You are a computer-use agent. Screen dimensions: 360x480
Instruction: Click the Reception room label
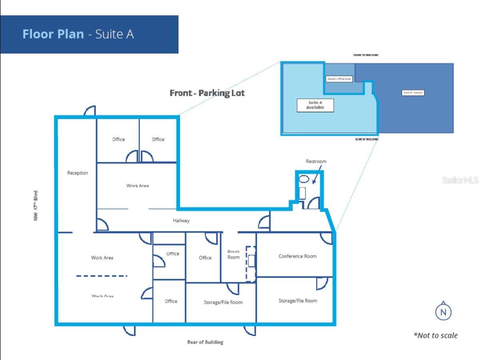78,173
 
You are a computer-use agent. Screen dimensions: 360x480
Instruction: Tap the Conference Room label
297,256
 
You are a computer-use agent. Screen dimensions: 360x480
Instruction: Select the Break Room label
234,255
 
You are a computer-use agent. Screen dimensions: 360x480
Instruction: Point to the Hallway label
181,220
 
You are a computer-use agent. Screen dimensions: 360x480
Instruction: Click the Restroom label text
316,161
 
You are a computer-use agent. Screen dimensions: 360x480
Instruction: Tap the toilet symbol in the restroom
304,179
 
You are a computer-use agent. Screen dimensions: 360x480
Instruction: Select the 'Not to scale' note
436,335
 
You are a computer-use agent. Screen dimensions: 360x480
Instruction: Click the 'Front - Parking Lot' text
207,93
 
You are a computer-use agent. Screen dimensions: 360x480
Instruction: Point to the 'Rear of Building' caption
205,342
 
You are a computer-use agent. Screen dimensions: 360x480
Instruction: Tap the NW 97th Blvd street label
36,206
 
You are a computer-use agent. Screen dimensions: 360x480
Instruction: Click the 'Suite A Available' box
315,105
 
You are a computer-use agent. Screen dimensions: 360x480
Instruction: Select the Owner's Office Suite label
339,79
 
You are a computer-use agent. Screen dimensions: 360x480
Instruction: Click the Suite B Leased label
412,93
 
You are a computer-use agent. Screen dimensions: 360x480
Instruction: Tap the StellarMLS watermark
460,180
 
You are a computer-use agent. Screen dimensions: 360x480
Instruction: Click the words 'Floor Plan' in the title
53,34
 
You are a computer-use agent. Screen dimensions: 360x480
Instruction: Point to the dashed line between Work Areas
102,276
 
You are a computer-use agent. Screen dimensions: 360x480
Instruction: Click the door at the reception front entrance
90,111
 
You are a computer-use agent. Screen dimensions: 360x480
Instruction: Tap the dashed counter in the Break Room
251,264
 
